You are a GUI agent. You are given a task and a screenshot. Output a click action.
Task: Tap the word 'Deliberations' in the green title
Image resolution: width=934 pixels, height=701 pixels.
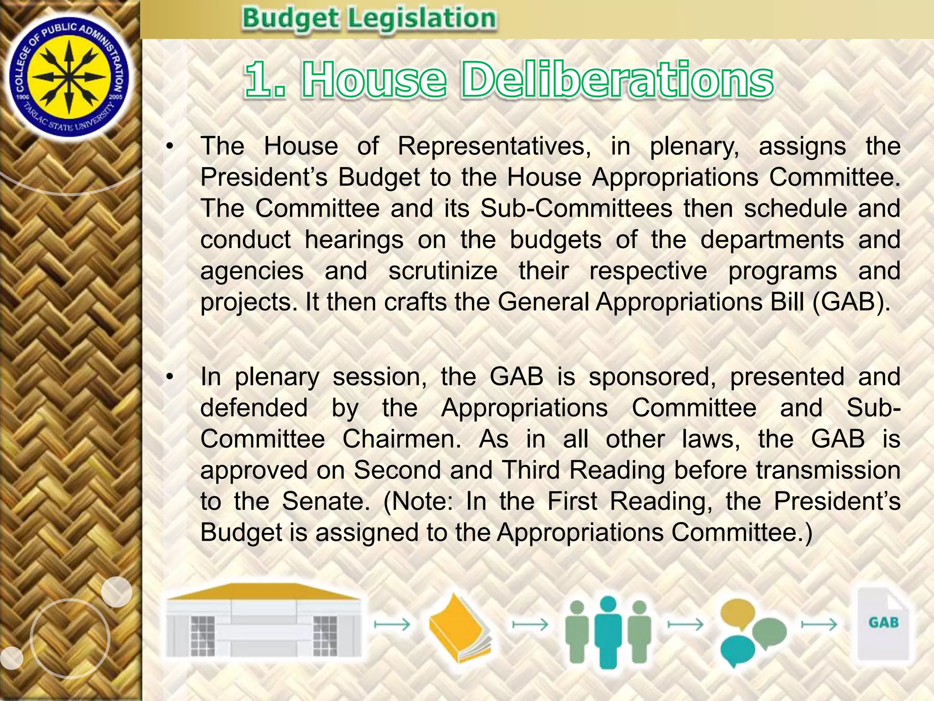[x=617, y=80]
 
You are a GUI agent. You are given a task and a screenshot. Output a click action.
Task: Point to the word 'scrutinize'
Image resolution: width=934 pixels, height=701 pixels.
[x=443, y=271]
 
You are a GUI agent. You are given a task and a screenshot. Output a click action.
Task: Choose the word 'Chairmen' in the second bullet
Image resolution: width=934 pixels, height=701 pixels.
[x=402, y=439]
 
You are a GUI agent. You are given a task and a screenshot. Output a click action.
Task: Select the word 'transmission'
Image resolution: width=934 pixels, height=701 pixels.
[x=828, y=470]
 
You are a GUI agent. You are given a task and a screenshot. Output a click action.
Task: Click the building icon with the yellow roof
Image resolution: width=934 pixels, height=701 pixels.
[x=264, y=621]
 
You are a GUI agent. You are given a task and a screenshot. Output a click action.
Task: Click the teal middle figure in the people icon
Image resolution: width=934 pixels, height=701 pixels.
[x=608, y=632]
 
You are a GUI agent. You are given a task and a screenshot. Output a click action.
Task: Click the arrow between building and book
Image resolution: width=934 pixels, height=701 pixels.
[x=392, y=624]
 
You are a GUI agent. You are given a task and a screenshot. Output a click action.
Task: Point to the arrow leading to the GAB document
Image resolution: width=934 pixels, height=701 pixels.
[x=819, y=624]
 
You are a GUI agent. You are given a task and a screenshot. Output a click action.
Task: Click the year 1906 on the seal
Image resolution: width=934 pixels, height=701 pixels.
[x=22, y=97]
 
